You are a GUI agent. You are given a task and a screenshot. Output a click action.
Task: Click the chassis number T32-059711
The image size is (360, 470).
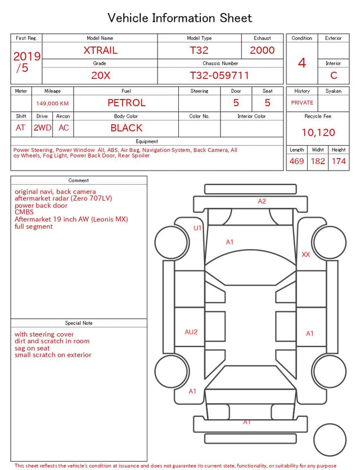coord(219,75)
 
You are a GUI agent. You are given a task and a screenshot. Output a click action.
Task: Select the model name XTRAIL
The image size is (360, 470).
coord(100,50)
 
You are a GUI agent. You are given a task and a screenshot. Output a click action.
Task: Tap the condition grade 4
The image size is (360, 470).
coord(302,63)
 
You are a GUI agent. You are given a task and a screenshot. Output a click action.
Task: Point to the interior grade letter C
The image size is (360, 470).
coord(334,75)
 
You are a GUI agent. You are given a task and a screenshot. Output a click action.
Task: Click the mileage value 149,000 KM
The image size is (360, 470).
coord(52,104)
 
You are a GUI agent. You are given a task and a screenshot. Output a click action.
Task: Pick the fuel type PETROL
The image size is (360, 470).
coord(127,103)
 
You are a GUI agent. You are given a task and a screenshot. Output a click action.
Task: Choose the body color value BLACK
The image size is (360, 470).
coord(127,128)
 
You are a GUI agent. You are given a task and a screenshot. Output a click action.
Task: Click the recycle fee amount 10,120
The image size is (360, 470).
coord(318,132)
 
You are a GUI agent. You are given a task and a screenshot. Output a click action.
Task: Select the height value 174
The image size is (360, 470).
coord(339,161)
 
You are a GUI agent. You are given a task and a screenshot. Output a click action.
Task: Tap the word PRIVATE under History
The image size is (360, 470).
coord(302,102)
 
